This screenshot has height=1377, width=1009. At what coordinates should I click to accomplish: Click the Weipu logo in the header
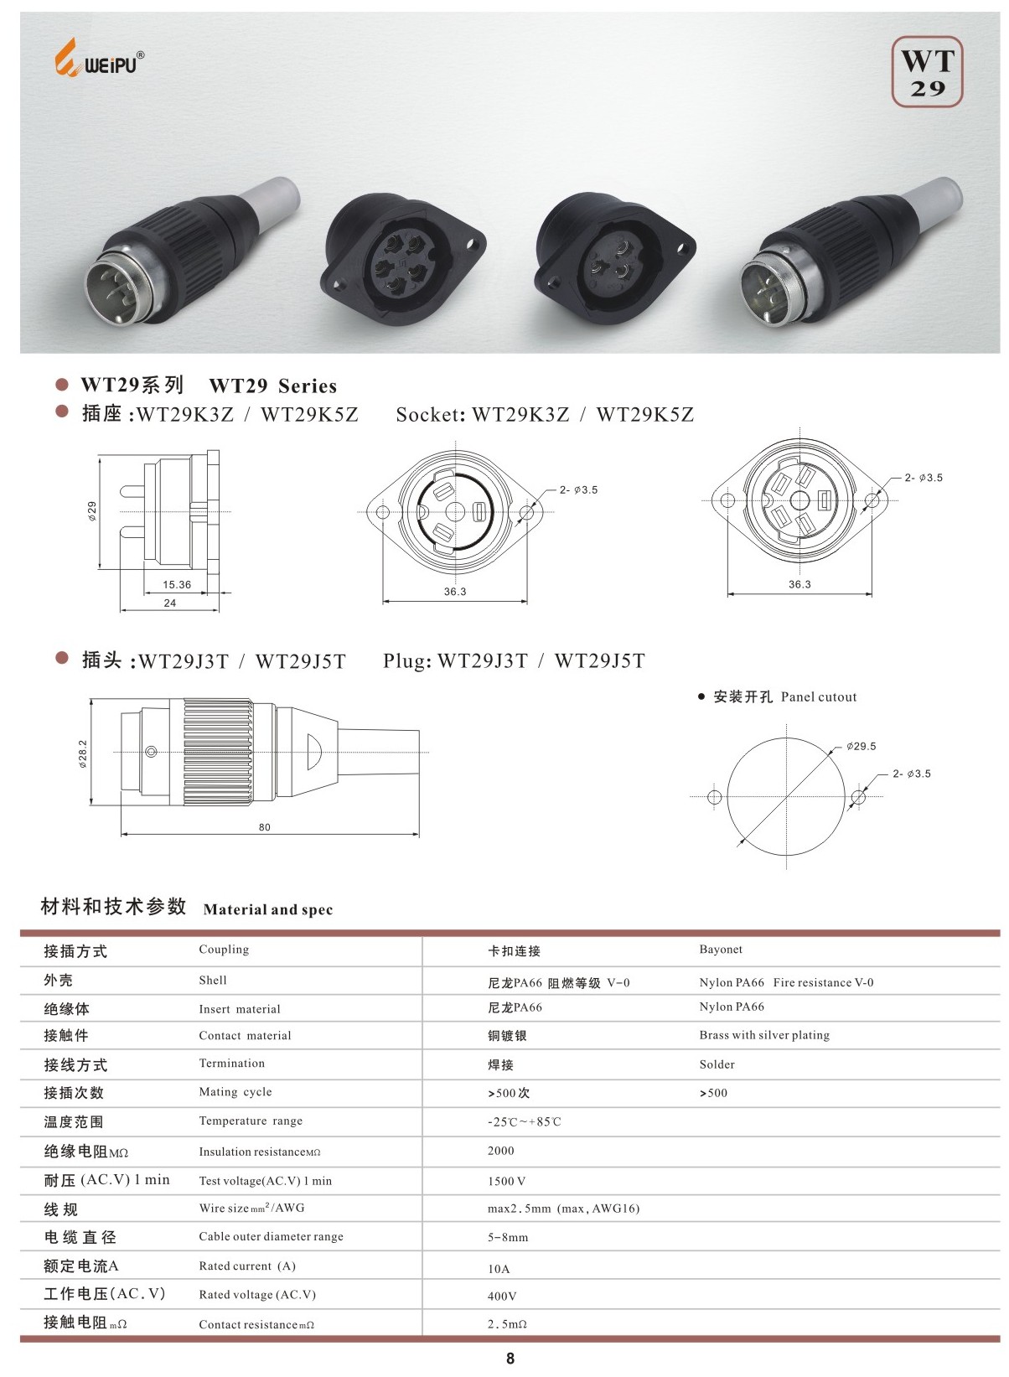pyautogui.click(x=99, y=60)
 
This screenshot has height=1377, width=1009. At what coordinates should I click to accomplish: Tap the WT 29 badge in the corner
pyautogui.click(x=927, y=72)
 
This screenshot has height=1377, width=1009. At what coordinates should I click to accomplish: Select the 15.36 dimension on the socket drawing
pyautogui.click(x=177, y=585)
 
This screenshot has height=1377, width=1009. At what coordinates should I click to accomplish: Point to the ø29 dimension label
pyautogui.click(x=92, y=510)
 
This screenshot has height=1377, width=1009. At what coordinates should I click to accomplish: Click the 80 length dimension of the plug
pyautogui.click(x=265, y=827)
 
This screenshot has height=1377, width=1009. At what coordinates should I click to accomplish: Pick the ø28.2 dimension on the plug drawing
pyautogui.click(x=83, y=753)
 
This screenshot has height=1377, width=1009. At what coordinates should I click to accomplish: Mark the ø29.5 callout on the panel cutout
pyautogui.click(x=861, y=746)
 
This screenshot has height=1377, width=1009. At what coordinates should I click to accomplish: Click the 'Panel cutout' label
pyautogui.click(x=818, y=697)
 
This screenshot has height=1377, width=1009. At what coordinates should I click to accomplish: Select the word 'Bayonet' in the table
pyautogui.click(x=721, y=950)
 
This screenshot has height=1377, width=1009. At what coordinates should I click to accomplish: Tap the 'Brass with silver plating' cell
pyautogui.click(x=764, y=1035)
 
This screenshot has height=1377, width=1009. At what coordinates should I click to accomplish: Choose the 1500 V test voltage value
pyautogui.click(x=507, y=1181)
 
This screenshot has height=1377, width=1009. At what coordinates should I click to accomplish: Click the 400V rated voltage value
pyautogui.click(x=502, y=1296)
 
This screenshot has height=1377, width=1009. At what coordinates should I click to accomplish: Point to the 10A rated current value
pyautogui.click(x=499, y=1269)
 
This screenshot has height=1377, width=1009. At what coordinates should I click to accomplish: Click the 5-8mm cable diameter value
pyautogui.click(x=508, y=1237)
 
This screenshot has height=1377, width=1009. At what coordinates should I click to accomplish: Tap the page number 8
pyautogui.click(x=510, y=1359)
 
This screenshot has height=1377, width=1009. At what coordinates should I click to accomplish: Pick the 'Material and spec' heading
pyautogui.click(x=268, y=910)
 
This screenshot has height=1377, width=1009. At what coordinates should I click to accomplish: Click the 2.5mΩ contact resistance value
pyautogui.click(x=507, y=1324)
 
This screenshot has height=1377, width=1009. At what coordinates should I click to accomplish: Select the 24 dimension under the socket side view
pyautogui.click(x=170, y=603)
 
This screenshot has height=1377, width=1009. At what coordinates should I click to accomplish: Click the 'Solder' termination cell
pyautogui.click(x=717, y=1064)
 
